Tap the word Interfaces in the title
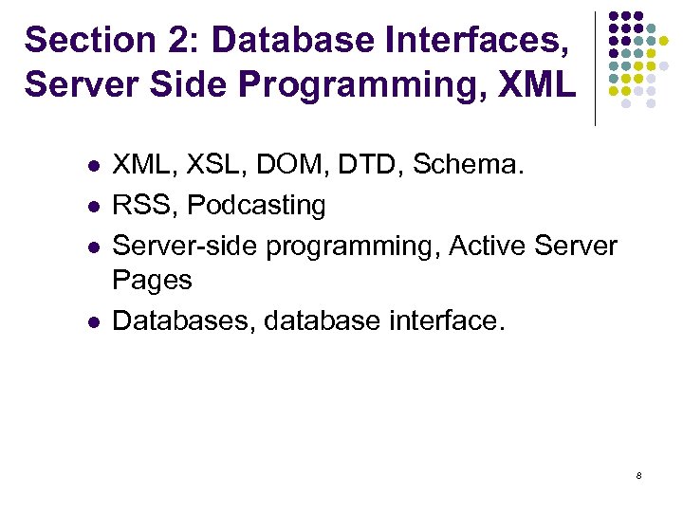click(488, 40)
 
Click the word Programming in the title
click(360, 83)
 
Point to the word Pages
click(152, 281)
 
